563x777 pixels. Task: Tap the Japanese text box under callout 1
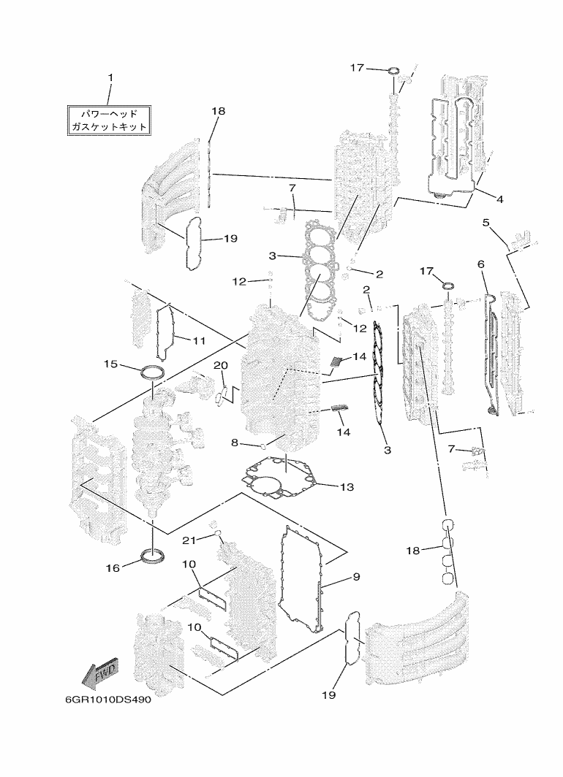pos(109,120)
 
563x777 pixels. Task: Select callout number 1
pos(110,77)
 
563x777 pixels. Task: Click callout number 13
pos(347,486)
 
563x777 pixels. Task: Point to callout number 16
pos(113,568)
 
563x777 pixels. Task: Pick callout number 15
pos(110,364)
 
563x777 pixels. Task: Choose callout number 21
pos(189,540)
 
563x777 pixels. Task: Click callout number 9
pos(356,577)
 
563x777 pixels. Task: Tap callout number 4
pos(499,199)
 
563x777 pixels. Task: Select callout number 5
pos(486,223)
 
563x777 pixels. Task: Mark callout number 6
pos(480,264)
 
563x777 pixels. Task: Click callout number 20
pos(221,365)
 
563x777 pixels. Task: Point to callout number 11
pos(199,341)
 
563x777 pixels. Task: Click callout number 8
pos(235,443)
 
